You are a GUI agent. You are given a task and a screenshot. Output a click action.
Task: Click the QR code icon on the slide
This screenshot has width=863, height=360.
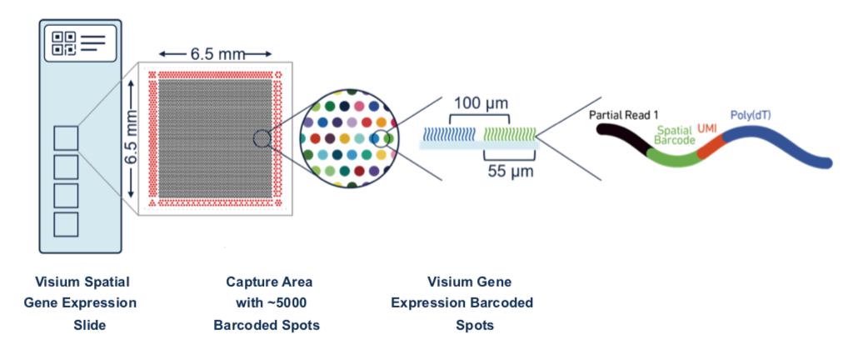pyautogui.click(x=63, y=43)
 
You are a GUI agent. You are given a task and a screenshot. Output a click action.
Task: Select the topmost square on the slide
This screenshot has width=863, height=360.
pyautogui.click(x=66, y=137)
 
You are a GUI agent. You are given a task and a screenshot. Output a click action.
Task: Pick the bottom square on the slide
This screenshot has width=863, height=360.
pyautogui.click(x=66, y=224)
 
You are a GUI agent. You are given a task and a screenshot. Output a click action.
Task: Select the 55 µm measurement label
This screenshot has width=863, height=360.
pyautogui.click(x=511, y=171)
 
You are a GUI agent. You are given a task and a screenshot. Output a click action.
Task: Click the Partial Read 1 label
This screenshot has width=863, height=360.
pyautogui.click(x=622, y=116)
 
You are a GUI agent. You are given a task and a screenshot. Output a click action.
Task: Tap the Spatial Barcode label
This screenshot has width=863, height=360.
pyautogui.click(x=675, y=135)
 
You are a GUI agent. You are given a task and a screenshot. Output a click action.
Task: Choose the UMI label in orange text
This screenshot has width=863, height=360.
pyautogui.click(x=708, y=127)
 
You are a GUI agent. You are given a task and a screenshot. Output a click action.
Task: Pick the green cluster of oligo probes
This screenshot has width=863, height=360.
pyautogui.click(x=509, y=133)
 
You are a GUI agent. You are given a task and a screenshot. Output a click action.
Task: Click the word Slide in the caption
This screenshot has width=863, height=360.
pyautogui.click(x=90, y=325)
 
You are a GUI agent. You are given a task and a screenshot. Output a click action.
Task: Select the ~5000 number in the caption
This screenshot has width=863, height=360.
pyautogui.click(x=285, y=302)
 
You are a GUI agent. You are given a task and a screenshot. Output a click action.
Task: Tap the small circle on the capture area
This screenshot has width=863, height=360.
pyautogui.click(x=262, y=138)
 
